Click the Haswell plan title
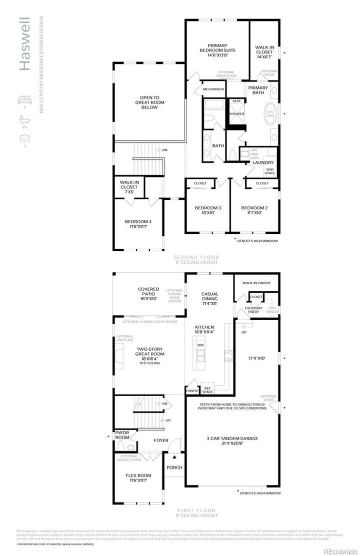click(25, 45)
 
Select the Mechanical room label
click(213, 89)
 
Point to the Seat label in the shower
click(236, 101)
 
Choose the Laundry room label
click(262, 162)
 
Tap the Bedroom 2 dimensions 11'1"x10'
click(254, 213)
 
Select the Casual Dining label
click(210, 297)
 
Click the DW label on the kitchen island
click(201, 345)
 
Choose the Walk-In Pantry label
click(256, 283)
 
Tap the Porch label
click(174, 468)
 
